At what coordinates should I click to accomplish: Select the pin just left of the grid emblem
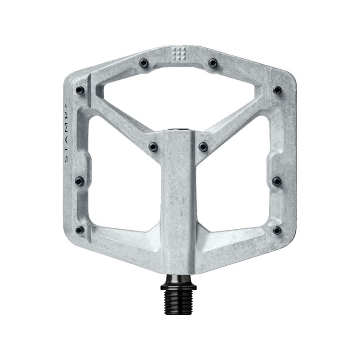tap(144, 62)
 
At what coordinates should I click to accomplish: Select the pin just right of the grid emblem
tap(212, 62)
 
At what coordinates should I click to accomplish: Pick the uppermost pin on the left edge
tap(80, 90)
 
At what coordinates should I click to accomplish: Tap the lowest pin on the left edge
tap(80, 229)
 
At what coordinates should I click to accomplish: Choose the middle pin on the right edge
tap(276, 181)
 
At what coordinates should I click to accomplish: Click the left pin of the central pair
tap(153, 146)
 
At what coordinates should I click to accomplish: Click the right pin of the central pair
tap(203, 146)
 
